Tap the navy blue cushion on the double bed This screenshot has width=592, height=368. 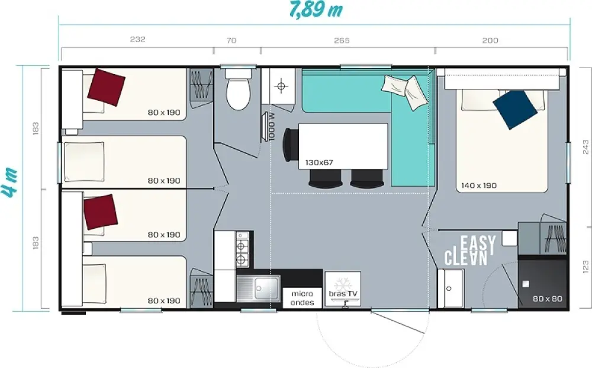pos(515,110)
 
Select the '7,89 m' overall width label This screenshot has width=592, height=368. pos(316,10)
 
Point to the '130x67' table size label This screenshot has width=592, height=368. pos(319,163)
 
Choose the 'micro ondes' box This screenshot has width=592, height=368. pos(303,298)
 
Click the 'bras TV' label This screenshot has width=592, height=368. pos(343,294)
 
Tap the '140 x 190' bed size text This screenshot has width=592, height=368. pos(479,185)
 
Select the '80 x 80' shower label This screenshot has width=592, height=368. pos(548,299)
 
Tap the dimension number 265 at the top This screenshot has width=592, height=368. pos(342,40)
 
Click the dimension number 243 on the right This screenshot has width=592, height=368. pos(585,147)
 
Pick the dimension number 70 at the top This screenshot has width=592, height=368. pos(231,40)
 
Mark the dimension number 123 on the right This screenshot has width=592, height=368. pos(585,267)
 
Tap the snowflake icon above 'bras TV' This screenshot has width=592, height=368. pos(343,283)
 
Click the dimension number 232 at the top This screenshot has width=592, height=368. pos(137,39)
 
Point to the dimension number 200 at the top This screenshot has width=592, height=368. pos(490,40)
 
